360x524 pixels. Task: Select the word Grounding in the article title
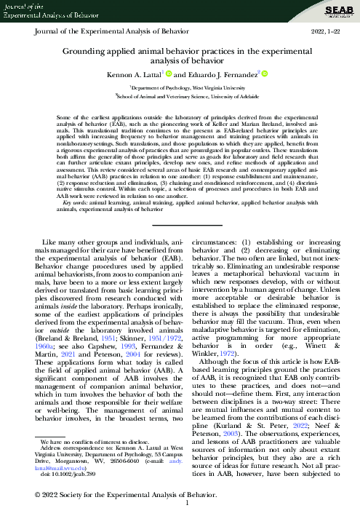point(84,49)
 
